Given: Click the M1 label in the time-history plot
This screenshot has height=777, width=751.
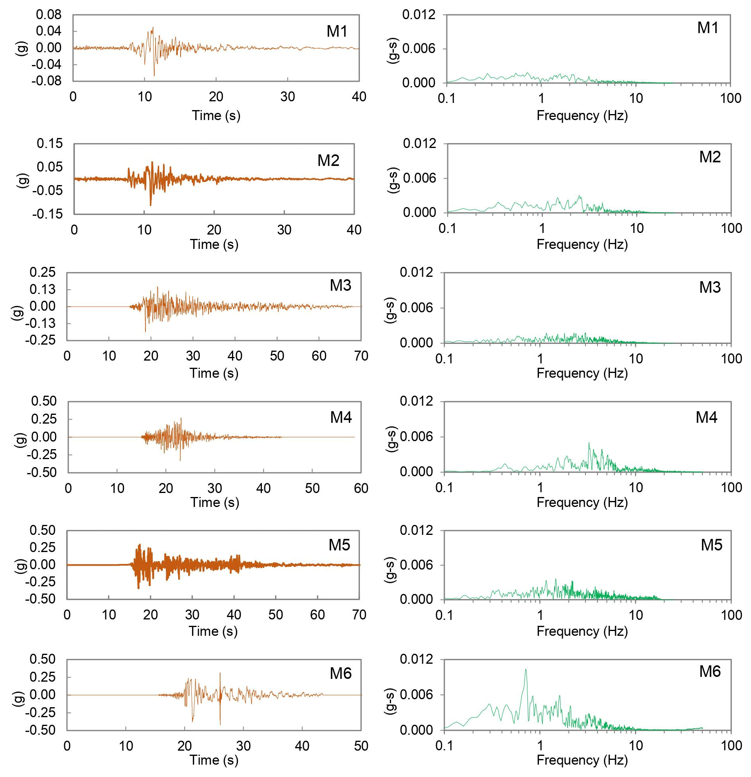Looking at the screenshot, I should [x=337, y=32].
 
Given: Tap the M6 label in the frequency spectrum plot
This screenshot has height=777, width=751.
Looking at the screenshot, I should [x=710, y=671].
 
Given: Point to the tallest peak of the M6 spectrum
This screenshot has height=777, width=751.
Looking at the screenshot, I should [x=526, y=670].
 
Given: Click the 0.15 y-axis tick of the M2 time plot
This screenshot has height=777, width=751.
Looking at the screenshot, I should [x=50, y=143].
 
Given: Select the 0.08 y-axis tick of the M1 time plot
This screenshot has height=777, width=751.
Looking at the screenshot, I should [x=49, y=15].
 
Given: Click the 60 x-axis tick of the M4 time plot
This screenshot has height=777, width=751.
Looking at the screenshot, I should [x=361, y=488].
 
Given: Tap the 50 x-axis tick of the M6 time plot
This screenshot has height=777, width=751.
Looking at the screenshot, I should [x=361, y=745].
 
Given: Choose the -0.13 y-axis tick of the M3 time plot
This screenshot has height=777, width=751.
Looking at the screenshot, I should [x=41, y=323].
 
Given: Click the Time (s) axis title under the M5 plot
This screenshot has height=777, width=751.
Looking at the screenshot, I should [x=213, y=631].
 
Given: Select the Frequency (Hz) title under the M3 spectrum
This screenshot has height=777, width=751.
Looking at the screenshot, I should [x=582, y=373].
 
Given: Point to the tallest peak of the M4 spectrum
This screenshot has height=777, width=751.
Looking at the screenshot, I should [x=589, y=443].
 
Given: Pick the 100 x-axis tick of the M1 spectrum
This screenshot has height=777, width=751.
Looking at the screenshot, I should [x=730, y=98].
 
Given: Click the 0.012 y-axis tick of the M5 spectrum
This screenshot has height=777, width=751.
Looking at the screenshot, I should [x=417, y=530].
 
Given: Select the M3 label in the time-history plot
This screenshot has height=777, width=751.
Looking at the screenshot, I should [x=340, y=286].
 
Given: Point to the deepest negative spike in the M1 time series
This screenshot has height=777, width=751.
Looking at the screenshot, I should [x=154, y=75].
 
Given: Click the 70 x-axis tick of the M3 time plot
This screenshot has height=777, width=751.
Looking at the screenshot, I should [x=361, y=356].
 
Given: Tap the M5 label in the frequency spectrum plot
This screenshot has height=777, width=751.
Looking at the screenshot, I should [x=712, y=545].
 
